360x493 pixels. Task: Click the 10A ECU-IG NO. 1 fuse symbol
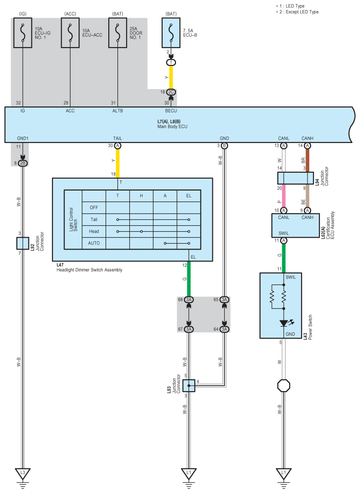[23, 33]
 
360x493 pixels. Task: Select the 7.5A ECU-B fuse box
[171, 33]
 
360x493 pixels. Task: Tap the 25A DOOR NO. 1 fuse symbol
[117, 33]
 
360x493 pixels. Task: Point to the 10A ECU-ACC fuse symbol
[70, 33]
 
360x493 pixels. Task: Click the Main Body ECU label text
[172, 127]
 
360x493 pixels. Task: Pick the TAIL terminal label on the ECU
[117, 138]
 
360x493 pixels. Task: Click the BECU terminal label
[171, 111]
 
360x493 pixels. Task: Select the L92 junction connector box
[23, 244]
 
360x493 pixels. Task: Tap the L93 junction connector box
[189, 386]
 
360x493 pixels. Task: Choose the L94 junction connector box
[296, 178]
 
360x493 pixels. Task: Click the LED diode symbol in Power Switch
[284, 323]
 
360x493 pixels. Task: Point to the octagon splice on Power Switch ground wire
[284, 386]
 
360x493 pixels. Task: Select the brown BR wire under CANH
[307, 160]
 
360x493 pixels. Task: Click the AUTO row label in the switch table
[94, 243]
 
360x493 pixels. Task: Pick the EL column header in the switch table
[189, 196]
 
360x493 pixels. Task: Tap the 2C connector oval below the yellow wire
[171, 92]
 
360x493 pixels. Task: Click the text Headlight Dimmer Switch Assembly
[89, 270]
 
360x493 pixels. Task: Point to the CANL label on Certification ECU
[284, 217]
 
